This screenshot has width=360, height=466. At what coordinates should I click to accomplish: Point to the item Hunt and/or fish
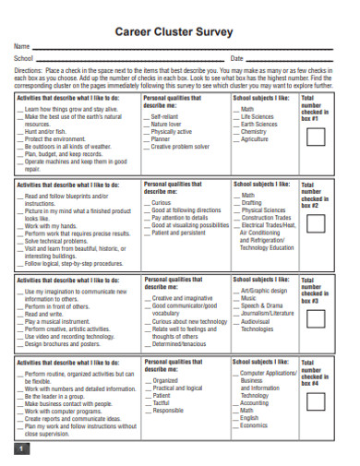coord(46,131)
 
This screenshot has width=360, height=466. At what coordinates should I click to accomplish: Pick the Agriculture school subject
coord(256,139)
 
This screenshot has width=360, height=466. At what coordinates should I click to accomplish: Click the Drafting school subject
coord(252,203)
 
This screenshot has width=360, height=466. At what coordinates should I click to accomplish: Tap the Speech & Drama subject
coord(262,306)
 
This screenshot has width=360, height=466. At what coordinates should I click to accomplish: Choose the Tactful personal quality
coord(161,402)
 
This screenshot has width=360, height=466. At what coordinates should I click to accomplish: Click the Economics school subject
coord(256,424)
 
